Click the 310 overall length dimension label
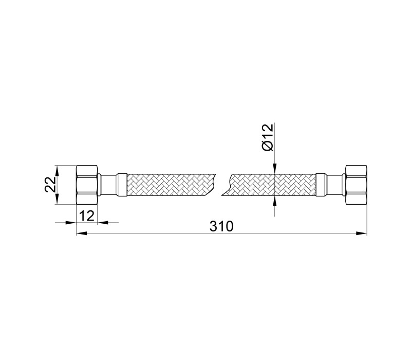[x=221, y=226]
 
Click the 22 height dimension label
[x=50, y=185]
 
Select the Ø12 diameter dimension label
[x=268, y=137]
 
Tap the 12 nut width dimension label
[x=86, y=216]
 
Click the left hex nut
[x=87, y=185]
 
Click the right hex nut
[x=356, y=185]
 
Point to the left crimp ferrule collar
[x=122, y=185]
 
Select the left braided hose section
[x=171, y=185]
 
